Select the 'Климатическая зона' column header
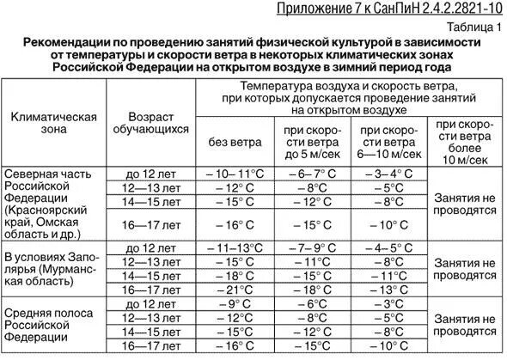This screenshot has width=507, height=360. point(53,123)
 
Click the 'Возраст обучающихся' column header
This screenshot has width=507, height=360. point(157,123)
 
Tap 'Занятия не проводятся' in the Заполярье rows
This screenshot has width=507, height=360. point(466,269)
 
